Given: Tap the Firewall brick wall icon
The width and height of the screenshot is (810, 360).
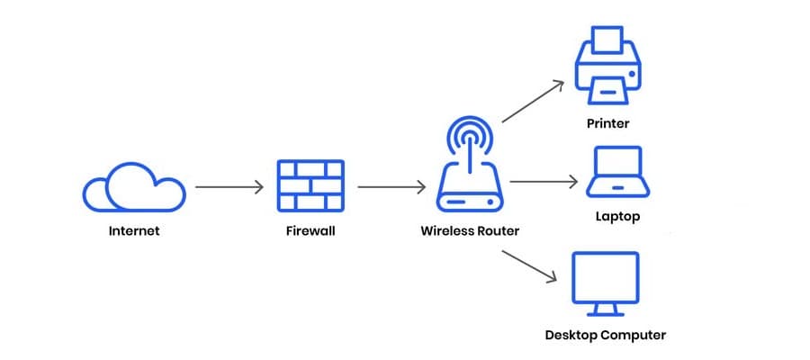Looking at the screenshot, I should (x=310, y=186).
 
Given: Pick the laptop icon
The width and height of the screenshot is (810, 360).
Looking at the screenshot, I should (x=616, y=172).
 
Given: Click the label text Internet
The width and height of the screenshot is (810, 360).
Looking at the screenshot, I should (x=134, y=231).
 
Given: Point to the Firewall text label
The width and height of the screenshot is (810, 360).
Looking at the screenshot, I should (x=310, y=231).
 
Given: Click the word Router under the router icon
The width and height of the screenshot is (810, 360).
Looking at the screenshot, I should (x=499, y=231).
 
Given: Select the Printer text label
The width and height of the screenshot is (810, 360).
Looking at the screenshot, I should (x=607, y=123).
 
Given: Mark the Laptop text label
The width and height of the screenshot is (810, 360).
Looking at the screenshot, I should (x=616, y=217).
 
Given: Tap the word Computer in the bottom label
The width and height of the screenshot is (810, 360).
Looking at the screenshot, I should (x=635, y=336).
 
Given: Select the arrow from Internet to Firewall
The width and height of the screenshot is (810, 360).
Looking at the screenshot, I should (x=229, y=188).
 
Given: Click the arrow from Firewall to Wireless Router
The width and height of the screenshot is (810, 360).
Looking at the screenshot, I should (x=391, y=188).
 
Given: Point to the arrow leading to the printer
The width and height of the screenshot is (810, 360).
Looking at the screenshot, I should (x=533, y=101).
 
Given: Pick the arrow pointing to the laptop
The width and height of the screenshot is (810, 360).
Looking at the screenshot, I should (x=543, y=181).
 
